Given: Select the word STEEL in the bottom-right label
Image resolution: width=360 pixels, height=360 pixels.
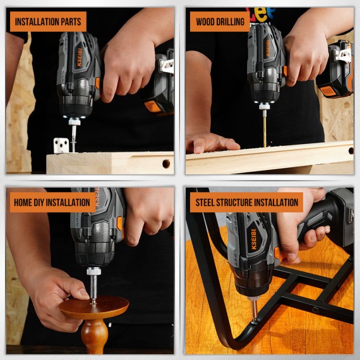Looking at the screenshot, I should coord(206,203).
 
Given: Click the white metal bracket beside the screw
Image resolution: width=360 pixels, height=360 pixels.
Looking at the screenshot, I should coord(61,145).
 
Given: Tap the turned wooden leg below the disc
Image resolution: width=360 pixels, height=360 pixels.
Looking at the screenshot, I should coord(94,335).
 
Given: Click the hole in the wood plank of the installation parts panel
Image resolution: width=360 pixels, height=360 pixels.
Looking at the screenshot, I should coord(166,164).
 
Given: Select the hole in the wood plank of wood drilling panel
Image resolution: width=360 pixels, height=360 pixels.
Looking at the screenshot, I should coord(349,152).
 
